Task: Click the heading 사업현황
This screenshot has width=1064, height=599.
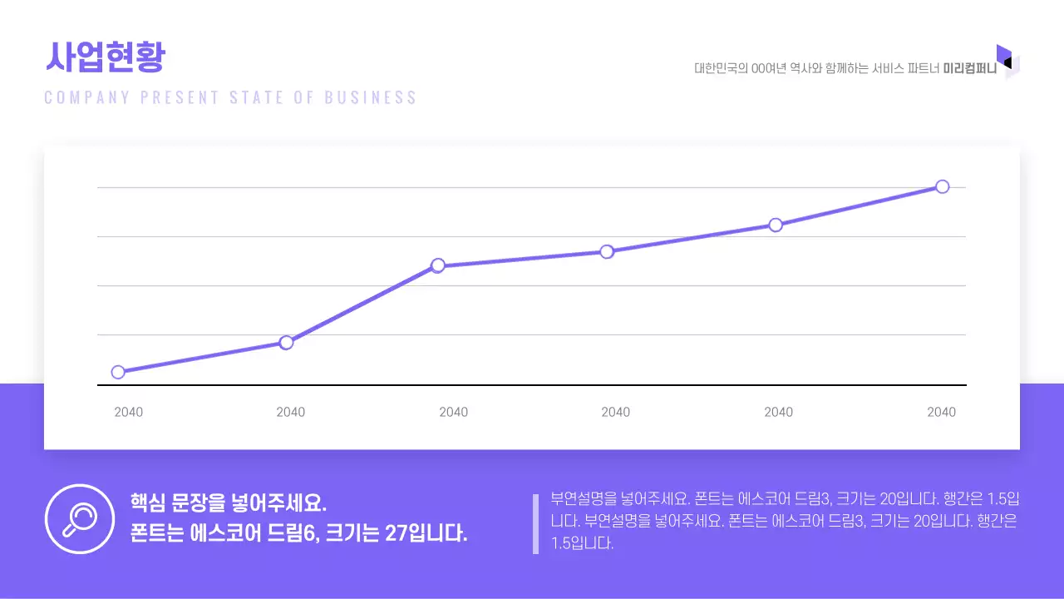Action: [105, 57]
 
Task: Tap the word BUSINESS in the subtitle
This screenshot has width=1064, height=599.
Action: [371, 97]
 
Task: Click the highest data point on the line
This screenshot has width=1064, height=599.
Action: [942, 186]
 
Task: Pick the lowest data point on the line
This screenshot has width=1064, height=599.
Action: [118, 372]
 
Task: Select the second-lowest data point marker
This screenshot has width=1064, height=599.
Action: [286, 342]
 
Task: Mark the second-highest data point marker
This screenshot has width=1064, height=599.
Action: [776, 225]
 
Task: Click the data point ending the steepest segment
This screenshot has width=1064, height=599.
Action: [438, 265]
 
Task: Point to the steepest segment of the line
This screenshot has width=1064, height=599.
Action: [362, 304]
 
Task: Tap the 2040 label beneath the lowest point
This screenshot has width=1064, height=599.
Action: [128, 412]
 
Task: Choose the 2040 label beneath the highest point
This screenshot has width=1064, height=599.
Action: [941, 412]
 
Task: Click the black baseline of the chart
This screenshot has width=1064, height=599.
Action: [532, 385]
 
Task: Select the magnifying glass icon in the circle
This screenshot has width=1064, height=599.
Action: [80, 518]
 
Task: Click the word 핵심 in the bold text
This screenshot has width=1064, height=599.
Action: [148, 503]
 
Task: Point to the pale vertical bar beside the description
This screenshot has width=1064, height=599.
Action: [536, 524]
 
